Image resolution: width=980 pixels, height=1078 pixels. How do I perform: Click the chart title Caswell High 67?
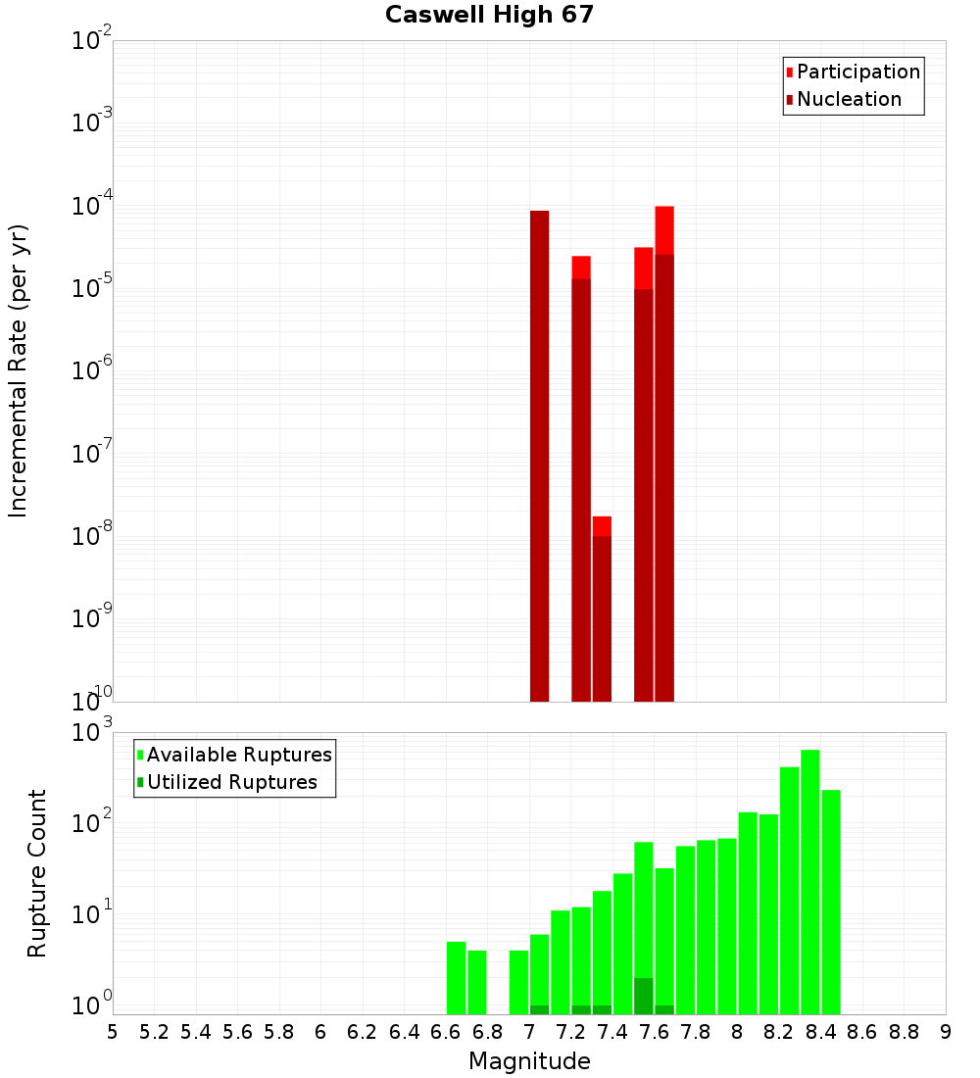click(489, 16)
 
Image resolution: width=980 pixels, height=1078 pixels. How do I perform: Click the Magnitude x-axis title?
click(529, 1061)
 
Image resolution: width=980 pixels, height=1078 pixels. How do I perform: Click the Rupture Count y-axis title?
click(37, 872)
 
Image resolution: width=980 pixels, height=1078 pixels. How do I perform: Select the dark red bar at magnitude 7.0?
click(539, 456)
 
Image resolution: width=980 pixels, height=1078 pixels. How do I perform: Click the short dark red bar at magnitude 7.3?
click(602, 617)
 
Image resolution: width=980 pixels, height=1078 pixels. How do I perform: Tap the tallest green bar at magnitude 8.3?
click(810, 882)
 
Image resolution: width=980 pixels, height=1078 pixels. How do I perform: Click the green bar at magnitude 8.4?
click(831, 902)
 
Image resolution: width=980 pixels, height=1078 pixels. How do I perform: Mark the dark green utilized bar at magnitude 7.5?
click(644, 995)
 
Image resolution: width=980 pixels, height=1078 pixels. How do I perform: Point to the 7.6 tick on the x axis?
click(654, 1031)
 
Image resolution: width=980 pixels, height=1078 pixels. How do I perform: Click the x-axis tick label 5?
click(113, 1031)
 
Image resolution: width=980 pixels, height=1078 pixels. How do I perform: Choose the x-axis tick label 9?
click(946, 1031)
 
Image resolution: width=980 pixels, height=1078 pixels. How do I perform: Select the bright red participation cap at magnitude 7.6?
click(664, 230)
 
